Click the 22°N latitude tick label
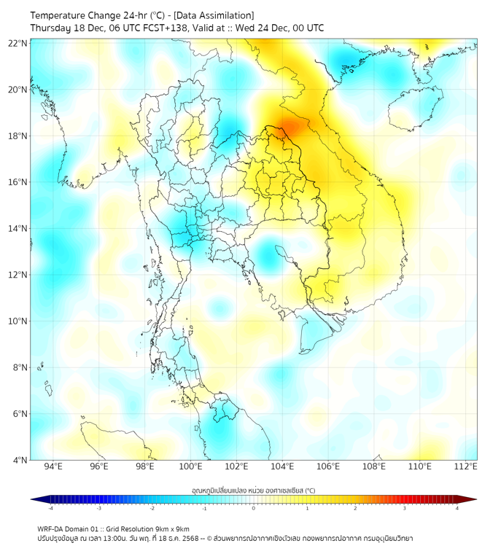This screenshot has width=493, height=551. point(18,44)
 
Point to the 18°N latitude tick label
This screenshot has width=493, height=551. point(18,136)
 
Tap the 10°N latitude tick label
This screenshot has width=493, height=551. point(18,321)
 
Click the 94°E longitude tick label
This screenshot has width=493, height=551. point(53,467)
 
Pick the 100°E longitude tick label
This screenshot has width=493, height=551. point(190,467)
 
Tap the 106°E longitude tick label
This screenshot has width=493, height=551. point(328,467)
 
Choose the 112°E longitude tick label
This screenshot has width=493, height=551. point(466,467)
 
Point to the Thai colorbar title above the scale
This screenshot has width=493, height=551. point(253,490)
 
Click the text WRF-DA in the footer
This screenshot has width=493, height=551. point(52,528)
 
